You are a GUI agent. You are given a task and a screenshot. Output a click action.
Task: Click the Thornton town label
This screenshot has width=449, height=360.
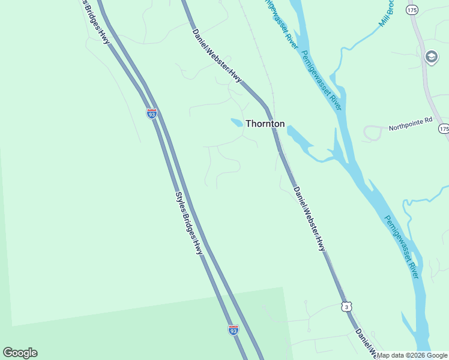pos(265,124)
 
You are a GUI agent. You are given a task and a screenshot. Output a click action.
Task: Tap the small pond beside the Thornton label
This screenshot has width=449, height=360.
pos(237,122)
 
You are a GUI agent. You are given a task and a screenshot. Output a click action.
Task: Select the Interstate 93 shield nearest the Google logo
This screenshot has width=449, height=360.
pos(234,329)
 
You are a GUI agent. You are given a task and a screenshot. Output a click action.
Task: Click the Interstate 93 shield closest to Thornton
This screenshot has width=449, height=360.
pos(151,112)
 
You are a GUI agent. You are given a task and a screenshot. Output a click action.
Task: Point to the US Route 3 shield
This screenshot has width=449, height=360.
pos(346,307)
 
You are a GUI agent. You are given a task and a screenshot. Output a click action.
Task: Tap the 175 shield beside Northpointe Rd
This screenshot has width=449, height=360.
pos(444,129)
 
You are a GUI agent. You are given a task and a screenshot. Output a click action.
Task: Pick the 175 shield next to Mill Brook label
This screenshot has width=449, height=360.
pos(411,10)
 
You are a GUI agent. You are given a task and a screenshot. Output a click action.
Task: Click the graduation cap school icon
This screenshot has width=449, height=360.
pos(430,57)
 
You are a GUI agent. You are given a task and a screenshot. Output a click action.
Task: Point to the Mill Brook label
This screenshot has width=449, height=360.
pos(387,13)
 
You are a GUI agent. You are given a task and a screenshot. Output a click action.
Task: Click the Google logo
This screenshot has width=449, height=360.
pos(20,353)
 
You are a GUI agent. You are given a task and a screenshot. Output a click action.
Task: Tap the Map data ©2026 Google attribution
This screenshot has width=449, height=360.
pos(412,355)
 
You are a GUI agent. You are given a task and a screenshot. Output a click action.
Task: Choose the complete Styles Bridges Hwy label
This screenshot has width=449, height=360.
pos(188,223)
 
